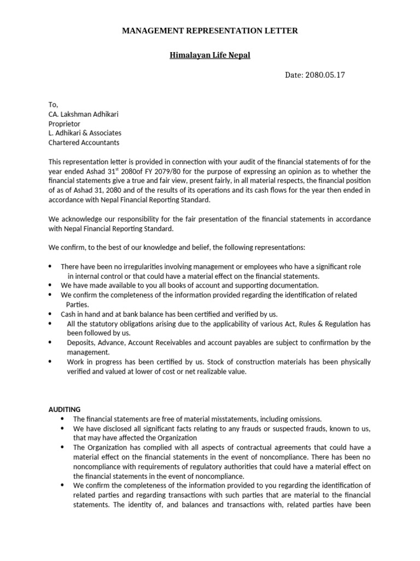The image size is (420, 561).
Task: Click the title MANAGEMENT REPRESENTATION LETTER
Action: point(209,31)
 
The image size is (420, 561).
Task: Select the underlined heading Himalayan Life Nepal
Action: point(209,56)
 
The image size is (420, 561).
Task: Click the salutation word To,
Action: point(53,105)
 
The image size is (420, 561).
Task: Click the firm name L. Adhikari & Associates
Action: point(85,133)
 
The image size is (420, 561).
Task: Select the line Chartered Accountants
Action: point(84,142)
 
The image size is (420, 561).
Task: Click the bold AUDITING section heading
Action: point(64,409)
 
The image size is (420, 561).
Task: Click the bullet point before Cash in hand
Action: point(50,314)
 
